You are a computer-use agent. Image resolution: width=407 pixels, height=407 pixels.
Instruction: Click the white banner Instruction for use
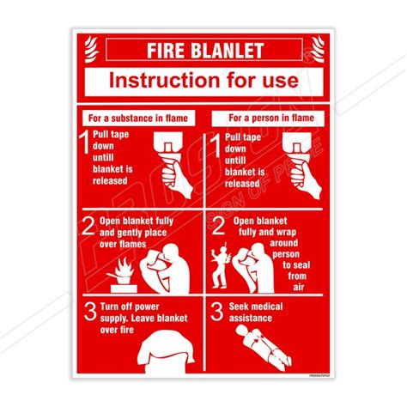[203, 82]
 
